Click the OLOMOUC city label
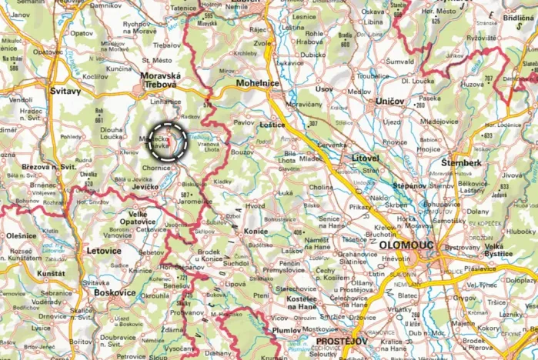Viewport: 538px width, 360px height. (406, 245)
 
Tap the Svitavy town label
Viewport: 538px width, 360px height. (65, 91)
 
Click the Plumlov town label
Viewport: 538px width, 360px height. (286, 332)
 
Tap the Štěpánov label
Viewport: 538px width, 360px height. (409, 185)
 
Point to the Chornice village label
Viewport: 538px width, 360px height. (156, 167)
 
